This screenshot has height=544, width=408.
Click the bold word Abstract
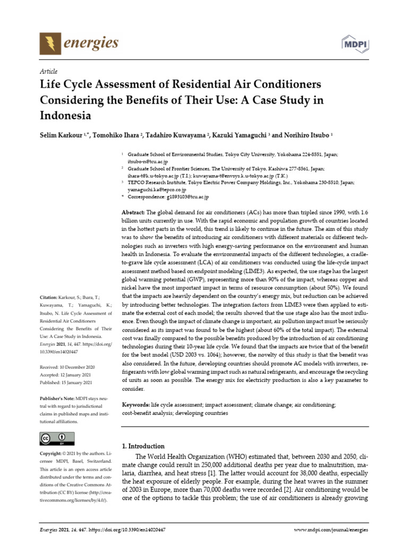[133, 212]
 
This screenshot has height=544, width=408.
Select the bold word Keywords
[136, 405]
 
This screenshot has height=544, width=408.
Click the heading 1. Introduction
[143, 446]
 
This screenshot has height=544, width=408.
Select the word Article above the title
[49, 71]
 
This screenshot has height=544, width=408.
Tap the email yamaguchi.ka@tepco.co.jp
[157, 189]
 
